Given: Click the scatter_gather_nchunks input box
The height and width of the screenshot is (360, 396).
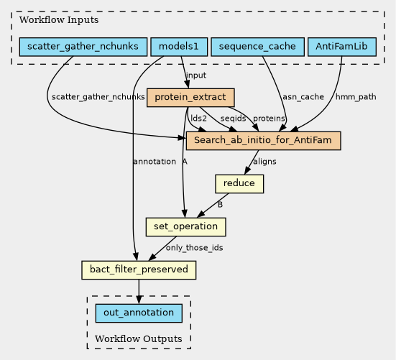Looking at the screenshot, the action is click(x=83, y=47).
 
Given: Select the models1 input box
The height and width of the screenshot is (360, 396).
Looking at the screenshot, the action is click(x=179, y=47).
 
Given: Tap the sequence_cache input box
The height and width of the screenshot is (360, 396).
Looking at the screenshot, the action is click(x=257, y=47).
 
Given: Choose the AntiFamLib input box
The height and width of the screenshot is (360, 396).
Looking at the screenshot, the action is click(x=341, y=47).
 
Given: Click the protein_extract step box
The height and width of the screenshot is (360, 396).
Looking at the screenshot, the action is click(x=190, y=98).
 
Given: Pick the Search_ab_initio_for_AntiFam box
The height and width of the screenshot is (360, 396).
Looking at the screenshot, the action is click(x=263, y=140).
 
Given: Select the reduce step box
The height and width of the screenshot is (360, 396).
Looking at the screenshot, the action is click(x=239, y=183).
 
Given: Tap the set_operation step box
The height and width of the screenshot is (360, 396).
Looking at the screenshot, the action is click(x=185, y=226).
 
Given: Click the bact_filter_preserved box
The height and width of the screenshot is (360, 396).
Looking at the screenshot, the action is click(x=139, y=270).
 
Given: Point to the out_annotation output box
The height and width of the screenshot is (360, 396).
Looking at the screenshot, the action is click(x=139, y=313).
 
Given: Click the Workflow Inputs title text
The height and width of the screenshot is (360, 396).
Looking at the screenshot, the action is click(x=59, y=19).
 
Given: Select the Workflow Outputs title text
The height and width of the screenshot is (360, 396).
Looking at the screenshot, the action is click(x=139, y=338).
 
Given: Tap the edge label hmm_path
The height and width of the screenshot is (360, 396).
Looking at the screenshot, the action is click(x=356, y=97).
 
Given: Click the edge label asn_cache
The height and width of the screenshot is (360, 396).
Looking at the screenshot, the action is click(x=303, y=97).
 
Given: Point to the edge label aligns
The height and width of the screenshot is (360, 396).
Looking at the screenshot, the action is click(x=264, y=162).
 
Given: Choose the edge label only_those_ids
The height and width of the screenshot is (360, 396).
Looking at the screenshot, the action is click(x=194, y=248).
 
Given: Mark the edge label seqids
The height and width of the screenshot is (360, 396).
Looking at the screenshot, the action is click(x=233, y=119).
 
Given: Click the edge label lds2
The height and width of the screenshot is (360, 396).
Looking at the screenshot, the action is click(x=198, y=119).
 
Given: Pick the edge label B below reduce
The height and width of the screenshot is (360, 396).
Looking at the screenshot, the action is click(x=220, y=205).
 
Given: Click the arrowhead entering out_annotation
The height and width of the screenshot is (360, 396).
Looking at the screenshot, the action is click(x=139, y=300).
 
